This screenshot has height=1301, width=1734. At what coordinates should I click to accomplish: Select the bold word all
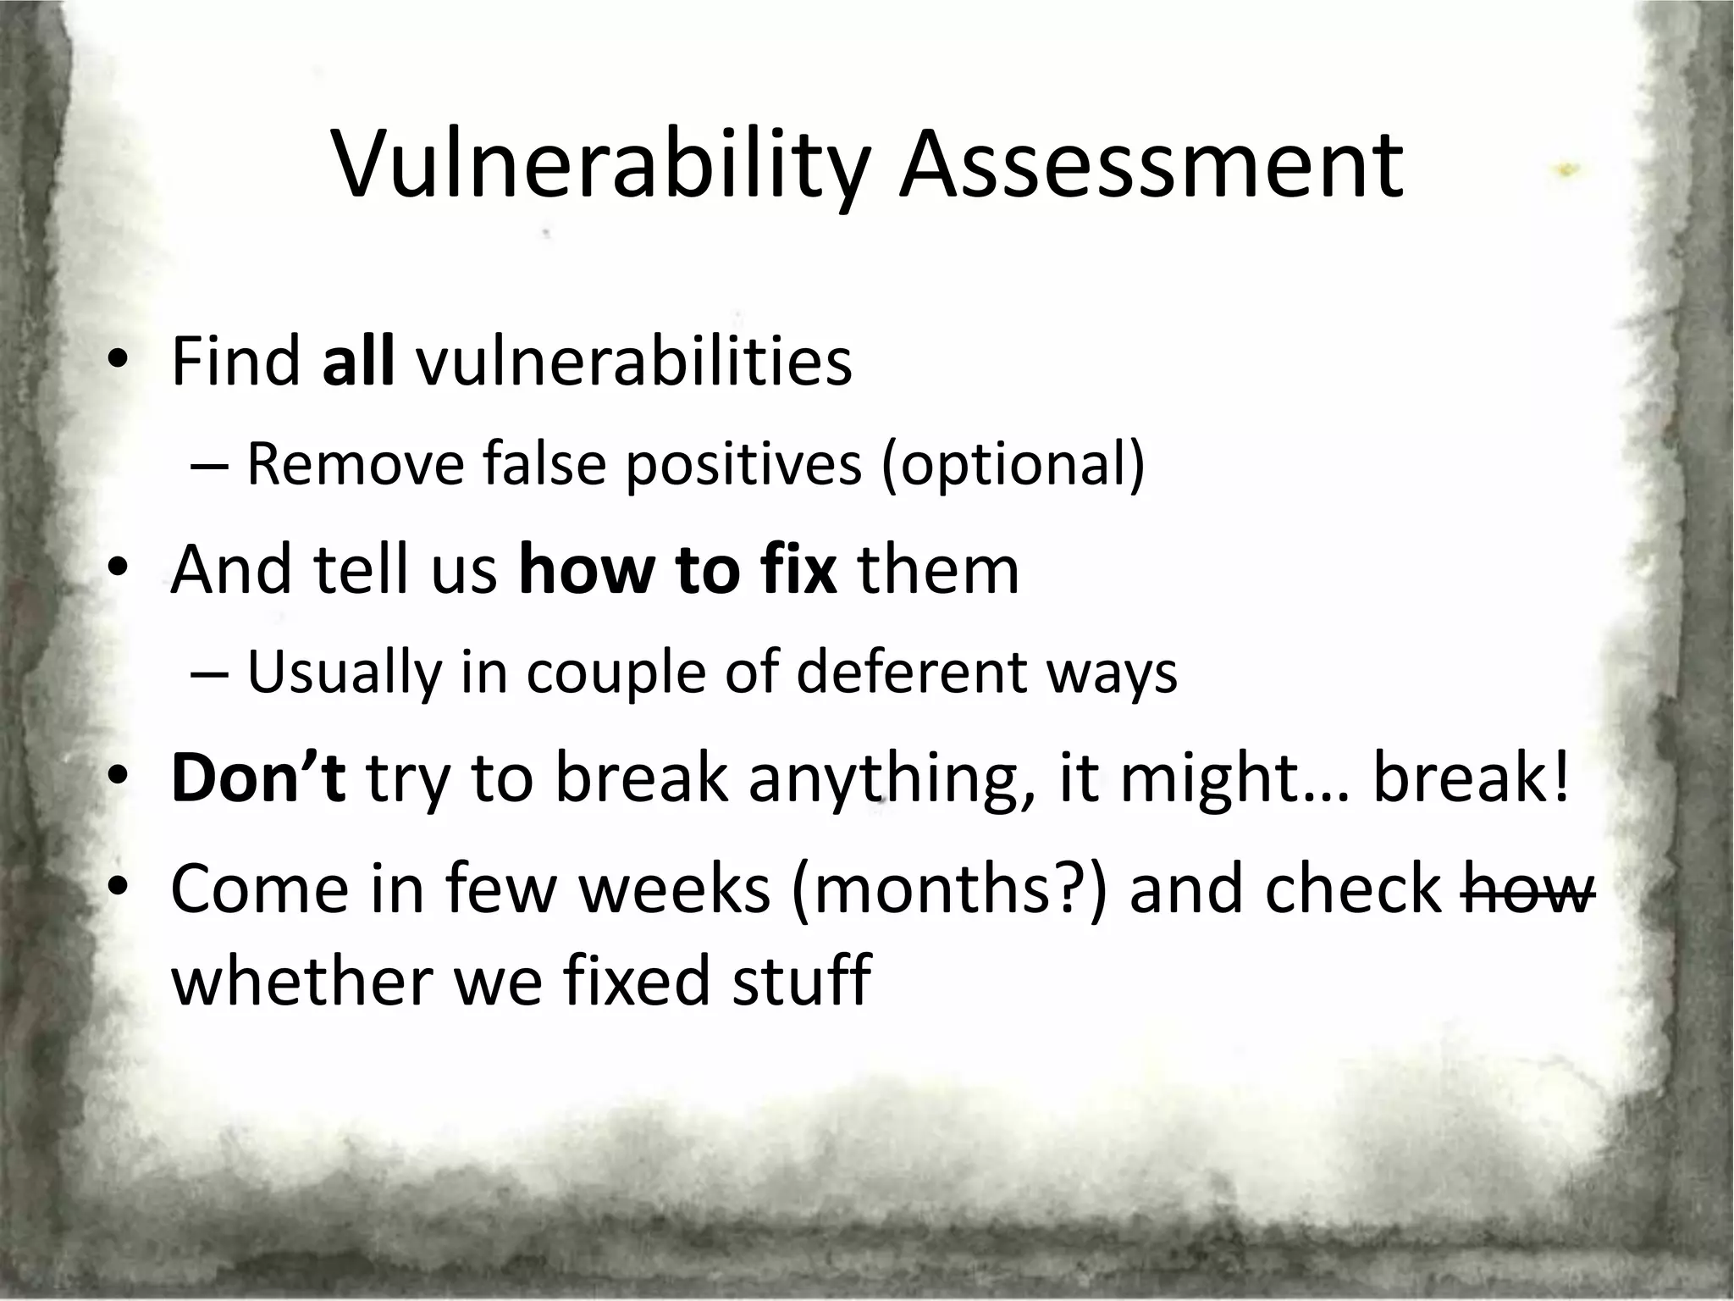[358, 362]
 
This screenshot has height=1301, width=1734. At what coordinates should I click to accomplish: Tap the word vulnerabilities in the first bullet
[634, 362]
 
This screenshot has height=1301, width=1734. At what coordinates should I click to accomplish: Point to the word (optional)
[1013, 466]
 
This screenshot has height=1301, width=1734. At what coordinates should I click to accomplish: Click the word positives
[743, 466]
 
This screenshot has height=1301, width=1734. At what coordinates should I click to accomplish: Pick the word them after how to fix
[939, 569]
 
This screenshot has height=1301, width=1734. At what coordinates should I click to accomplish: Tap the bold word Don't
[258, 778]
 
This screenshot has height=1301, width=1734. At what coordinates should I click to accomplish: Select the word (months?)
[949, 889]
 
